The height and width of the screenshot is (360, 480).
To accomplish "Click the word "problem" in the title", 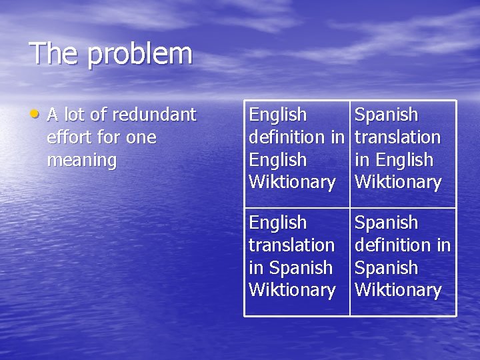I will point(140,55).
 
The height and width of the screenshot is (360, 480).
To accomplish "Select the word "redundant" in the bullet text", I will point(154,115).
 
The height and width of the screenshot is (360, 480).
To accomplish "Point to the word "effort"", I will point(69,137).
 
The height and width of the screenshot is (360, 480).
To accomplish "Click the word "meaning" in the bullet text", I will point(82,161).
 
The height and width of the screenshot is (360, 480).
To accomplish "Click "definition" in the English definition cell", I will point(286,137).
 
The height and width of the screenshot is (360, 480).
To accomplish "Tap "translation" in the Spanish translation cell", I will point(397,137).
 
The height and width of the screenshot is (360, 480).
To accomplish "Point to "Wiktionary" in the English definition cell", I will point(291,182).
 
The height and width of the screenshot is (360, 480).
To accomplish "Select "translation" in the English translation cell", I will point(291,245).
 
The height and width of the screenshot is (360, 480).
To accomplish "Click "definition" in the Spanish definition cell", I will point(392,245).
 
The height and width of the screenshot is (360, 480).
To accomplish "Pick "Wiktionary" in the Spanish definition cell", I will point(398,290).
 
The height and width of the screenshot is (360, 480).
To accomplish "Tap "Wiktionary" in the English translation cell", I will point(291,290).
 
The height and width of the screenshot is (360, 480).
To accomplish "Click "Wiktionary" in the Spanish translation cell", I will point(398,182).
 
